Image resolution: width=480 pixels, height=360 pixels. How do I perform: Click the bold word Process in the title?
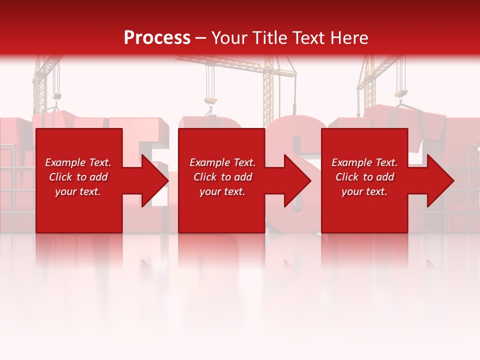click(x=157, y=37)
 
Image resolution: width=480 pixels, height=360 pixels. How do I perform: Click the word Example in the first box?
click(x=65, y=162)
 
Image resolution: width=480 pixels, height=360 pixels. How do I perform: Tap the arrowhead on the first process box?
click(x=155, y=180)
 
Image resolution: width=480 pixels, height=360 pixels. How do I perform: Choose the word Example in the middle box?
click(x=209, y=162)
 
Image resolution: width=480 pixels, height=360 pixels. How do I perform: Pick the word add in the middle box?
click(x=242, y=177)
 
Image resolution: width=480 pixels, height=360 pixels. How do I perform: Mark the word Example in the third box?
click(x=351, y=162)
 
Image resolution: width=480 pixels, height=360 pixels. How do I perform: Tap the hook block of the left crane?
click(x=57, y=96)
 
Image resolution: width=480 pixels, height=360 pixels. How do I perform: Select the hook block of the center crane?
click(x=210, y=101)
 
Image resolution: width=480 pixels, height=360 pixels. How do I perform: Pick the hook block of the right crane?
click(x=401, y=93)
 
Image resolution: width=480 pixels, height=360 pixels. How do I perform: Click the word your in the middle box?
click(x=210, y=191)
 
